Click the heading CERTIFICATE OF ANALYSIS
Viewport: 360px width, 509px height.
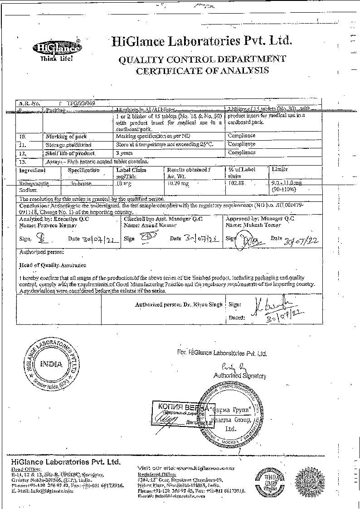[202, 70]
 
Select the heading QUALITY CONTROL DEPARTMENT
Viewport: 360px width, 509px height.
[202, 59]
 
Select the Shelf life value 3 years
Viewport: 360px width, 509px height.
[124, 153]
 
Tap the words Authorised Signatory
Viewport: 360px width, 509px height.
[240, 376]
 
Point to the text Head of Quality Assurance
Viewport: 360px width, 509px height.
[53, 265]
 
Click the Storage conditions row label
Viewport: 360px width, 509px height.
[65, 145]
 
